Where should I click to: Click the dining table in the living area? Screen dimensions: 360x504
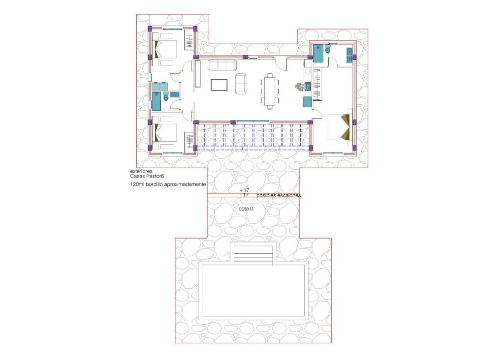(270, 90)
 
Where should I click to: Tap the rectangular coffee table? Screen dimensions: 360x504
(219, 85)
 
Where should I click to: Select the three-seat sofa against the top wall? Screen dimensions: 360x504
(221, 64)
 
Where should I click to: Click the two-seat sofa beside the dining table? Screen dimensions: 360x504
(241, 84)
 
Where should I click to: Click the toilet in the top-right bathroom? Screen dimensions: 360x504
(329, 50)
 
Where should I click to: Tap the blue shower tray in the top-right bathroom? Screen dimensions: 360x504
(317, 53)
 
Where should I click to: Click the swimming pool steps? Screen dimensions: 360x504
(252, 254)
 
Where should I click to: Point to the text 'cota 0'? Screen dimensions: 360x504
(246, 209)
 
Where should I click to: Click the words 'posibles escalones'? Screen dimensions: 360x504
(279, 195)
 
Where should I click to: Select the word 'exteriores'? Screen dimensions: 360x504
(141, 171)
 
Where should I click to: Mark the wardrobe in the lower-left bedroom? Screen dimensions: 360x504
(189, 143)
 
